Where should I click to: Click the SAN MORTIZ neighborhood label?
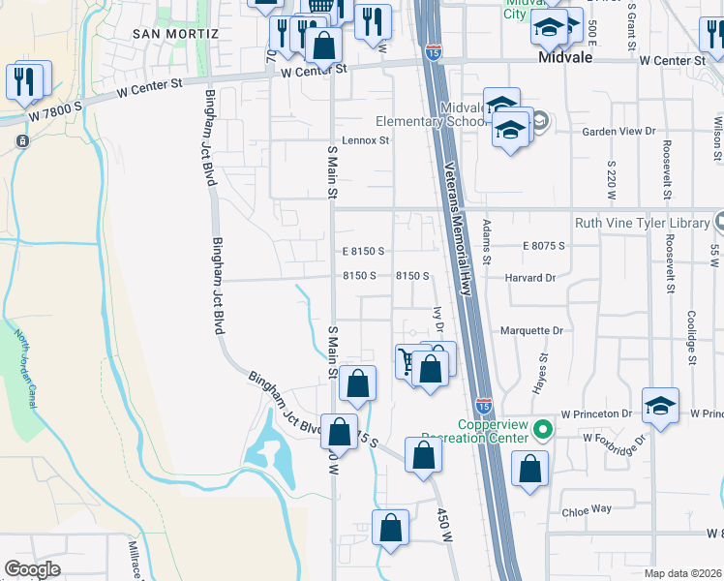176,33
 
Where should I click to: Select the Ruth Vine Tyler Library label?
642,223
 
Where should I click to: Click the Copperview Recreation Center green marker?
544,427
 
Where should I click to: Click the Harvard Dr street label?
530,277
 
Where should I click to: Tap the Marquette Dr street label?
531,330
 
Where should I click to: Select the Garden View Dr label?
618,131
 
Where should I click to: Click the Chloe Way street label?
590,508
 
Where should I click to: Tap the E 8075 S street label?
543,246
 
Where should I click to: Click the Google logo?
33,569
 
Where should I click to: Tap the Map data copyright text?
683,573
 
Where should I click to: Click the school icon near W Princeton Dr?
660,406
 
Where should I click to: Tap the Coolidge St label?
692,332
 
